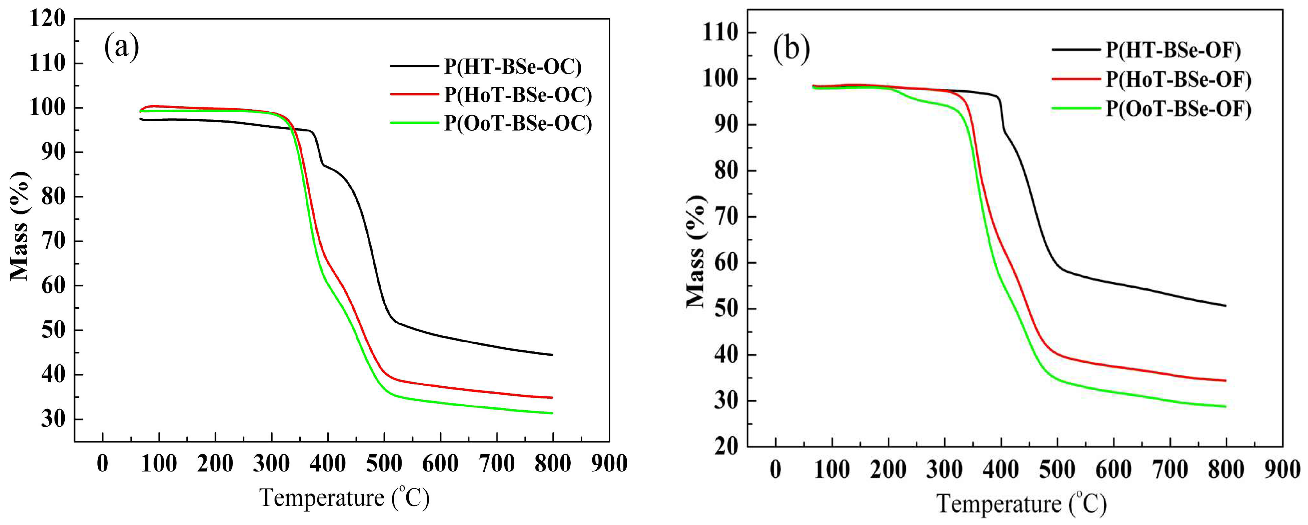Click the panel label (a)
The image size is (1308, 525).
[x=121, y=47]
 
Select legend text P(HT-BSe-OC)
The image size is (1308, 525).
[x=513, y=67]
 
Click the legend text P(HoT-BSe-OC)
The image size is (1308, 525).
[x=518, y=95]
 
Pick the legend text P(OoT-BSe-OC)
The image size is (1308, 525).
[x=518, y=123]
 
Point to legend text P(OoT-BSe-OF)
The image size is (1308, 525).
[x=1179, y=109]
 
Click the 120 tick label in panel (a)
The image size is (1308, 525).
[x=47, y=19]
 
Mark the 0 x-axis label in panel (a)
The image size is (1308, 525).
[x=103, y=463]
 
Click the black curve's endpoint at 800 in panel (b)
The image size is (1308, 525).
[x=1226, y=305]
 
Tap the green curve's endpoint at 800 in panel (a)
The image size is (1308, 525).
[x=552, y=413]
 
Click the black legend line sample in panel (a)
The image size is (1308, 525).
[x=414, y=66]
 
